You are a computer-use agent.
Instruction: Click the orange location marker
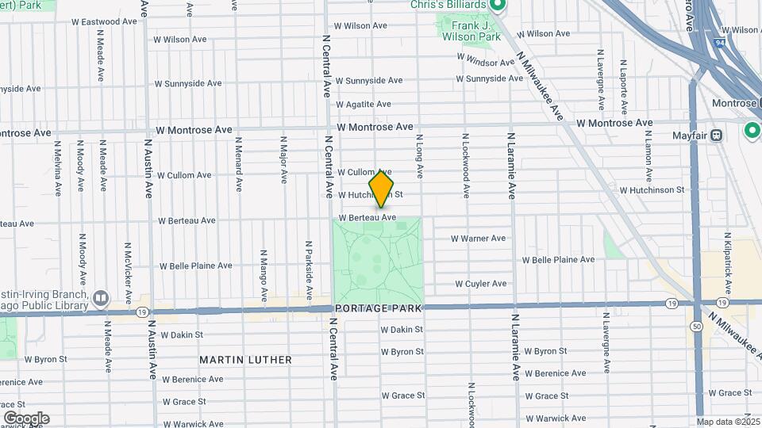coord(381,189)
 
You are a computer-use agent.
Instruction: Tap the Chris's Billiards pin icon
coord(498,6)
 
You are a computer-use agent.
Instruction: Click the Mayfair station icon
coord(718,135)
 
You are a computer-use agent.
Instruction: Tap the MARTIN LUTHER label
coord(245,360)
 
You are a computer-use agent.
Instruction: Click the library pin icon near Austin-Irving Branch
coord(101,299)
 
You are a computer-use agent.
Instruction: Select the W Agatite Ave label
coord(364,104)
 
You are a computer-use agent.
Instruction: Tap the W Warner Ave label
coord(479,238)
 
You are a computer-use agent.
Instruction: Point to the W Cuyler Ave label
coord(481,283)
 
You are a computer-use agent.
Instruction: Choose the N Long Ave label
coord(420,155)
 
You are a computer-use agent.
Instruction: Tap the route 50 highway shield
coord(696,327)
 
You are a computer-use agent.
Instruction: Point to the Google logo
coord(26,418)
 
